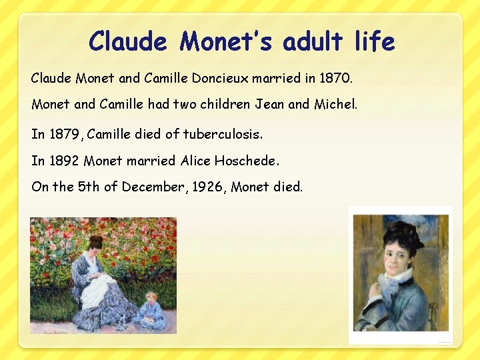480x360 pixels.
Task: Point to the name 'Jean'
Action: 266,105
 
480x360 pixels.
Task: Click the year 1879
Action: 67,134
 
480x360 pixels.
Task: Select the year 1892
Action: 65,161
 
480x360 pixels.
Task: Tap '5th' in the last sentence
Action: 89,187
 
